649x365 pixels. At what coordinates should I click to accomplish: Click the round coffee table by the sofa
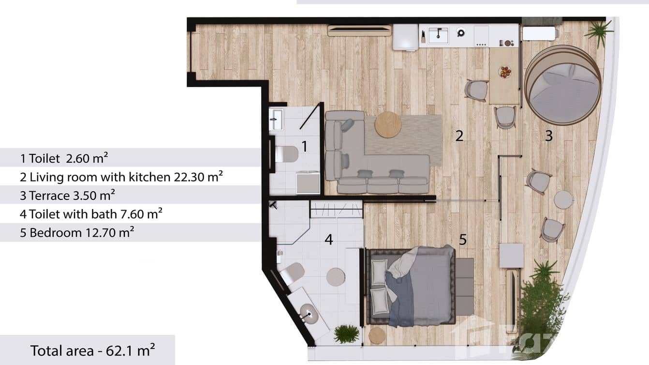(388, 124)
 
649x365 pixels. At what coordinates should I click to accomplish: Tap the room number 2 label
(459, 136)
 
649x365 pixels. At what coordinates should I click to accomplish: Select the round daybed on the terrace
(562, 85)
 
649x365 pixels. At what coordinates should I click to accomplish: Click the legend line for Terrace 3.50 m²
(67, 196)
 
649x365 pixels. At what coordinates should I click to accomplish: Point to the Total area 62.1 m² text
(92, 350)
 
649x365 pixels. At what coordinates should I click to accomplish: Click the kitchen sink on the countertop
(439, 34)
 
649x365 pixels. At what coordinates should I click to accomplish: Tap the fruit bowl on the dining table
(505, 72)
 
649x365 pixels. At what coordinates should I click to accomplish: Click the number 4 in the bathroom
(329, 239)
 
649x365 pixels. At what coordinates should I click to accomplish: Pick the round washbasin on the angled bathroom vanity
(309, 313)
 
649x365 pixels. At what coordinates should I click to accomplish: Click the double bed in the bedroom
(411, 286)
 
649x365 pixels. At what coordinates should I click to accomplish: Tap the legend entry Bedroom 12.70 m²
(77, 233)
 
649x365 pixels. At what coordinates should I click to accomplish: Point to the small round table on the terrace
(563, 199)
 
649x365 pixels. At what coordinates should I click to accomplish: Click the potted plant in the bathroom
(346, 334)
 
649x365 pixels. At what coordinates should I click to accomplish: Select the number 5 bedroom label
(463, 239)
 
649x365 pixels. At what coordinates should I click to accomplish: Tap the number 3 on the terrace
(548, 136)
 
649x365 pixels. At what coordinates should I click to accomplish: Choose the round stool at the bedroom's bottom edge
(377, 335)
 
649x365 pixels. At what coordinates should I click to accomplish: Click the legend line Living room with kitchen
(121, 177)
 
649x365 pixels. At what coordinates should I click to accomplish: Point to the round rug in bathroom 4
(336, 277)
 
